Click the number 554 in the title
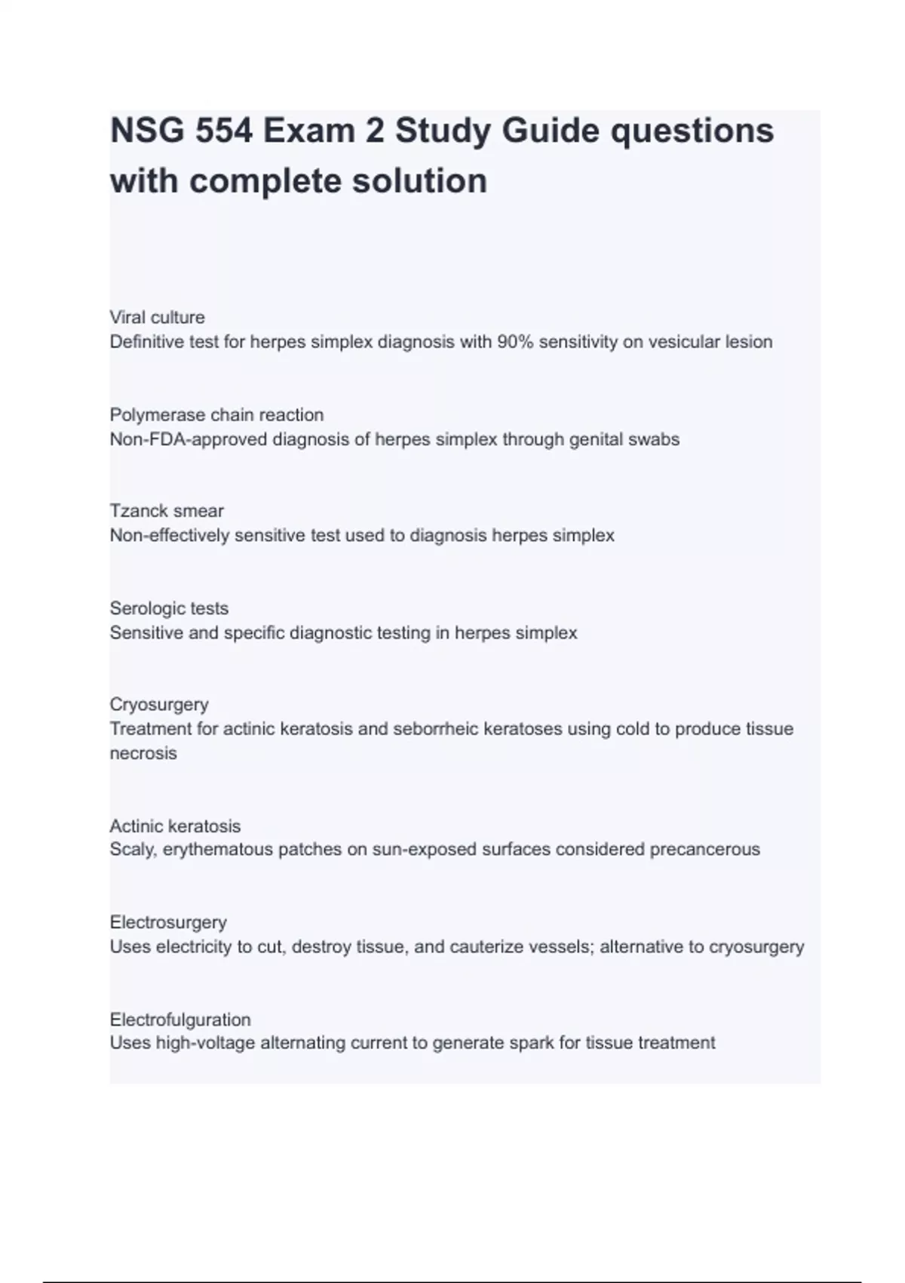point(223,131)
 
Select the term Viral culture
point(157,317)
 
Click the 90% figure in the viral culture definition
point(514,342)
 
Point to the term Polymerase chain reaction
point(216,414)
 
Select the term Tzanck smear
point(167,511)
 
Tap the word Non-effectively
point(170,536)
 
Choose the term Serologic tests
point(169,608)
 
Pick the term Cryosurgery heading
point(159,704)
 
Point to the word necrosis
point(143,753)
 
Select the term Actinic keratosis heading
point(175,826)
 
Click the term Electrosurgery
point(168,922)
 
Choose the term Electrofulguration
point(180,1020)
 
